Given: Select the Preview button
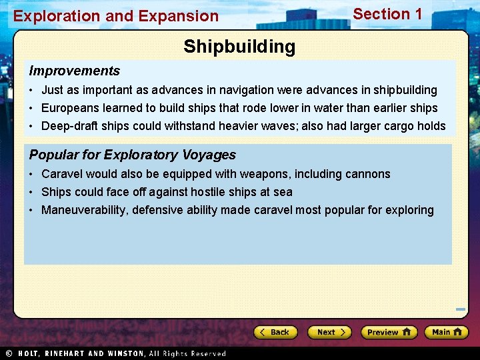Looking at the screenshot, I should point(389,332).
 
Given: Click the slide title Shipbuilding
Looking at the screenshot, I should point(239,47).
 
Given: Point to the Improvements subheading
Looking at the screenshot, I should point(75,71).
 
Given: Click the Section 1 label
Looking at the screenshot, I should point(387,14).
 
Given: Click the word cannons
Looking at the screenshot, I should point(368,174).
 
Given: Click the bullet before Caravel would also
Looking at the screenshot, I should point(32,174).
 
